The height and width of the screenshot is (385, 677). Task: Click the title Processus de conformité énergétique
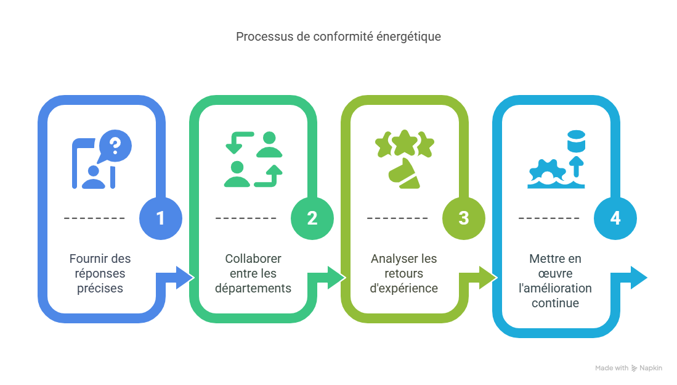[x=338, y=36]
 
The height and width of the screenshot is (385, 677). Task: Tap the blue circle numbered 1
[x=161, y=218]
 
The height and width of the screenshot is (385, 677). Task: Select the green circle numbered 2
[x=312, y=218]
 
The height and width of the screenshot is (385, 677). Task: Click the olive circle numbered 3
[x=464, y=218]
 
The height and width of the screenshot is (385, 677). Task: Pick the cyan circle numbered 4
[x=615, y=218]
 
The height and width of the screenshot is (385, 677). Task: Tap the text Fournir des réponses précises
[x=100, y=273]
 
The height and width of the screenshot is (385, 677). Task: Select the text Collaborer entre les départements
[x=253, y=273]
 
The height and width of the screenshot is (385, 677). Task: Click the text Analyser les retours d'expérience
[x=404, y=273]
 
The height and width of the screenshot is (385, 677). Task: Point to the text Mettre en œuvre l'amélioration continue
[x=554, y=281]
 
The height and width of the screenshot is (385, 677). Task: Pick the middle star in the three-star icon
[x=404, y=143]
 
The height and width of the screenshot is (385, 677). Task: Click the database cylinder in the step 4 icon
[x=577, y=142]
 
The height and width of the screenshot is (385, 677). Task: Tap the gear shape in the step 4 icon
[x=543, y=170]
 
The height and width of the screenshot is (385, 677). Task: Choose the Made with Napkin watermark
[x=628, y=368]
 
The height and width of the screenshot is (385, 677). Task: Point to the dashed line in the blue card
[x=94, y=218]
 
